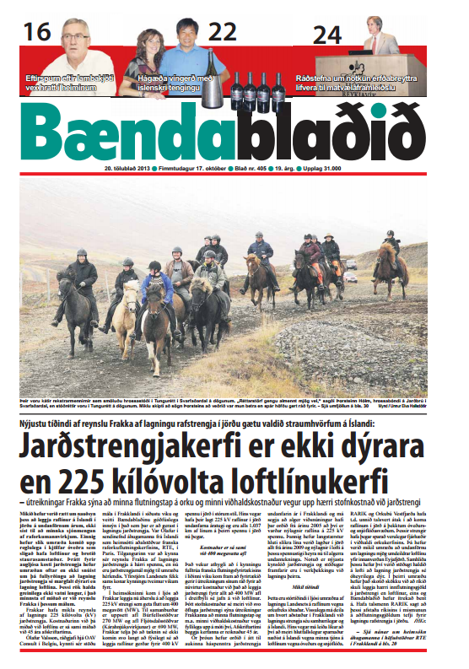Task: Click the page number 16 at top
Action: (36, 32)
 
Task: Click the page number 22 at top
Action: (223, 32)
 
